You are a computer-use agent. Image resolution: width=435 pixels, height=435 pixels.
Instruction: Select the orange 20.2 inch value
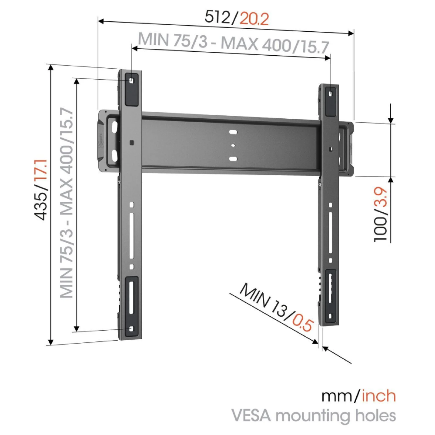click(x=254, y=19)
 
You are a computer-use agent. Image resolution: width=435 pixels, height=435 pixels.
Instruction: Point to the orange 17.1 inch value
click(x=41, y=172)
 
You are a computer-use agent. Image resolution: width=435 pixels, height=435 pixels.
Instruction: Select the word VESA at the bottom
click(x=251, y=415)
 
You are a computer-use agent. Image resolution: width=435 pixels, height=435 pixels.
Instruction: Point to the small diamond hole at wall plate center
click(x=233, y=145)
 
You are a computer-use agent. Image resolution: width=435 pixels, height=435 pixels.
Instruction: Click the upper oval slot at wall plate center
click(x=233, y=132)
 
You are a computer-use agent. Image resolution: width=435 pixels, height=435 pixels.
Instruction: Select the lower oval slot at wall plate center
click(x=233, y=159)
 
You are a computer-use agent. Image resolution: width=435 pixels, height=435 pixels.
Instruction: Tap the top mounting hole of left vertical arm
click(x=131, y=80)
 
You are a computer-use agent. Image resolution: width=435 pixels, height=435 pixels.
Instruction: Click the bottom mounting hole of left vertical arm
click(x=131, y=329)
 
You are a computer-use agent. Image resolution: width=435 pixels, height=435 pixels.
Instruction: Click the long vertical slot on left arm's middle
click(x=132, y=235)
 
